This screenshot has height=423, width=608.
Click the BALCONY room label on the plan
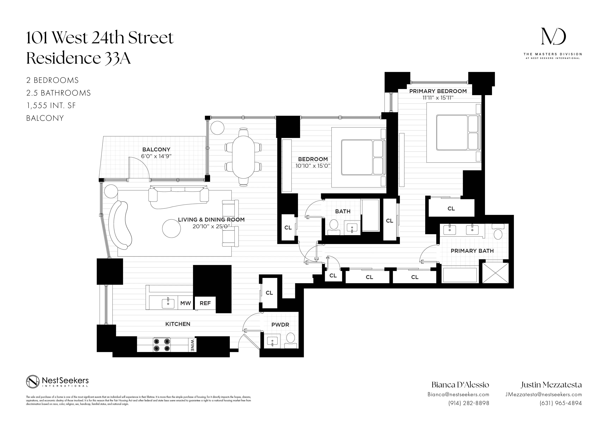(156, 150)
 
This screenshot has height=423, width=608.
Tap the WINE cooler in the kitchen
(192, 345)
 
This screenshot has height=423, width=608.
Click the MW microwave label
(185, 303)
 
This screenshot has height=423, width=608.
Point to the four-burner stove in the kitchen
(162, 345)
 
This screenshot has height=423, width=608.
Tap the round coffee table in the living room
(171, 229)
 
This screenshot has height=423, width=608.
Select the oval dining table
(243, 157)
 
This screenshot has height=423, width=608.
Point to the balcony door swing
(139, 167)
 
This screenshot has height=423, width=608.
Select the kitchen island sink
(168, 303)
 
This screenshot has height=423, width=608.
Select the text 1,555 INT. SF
(51, 106)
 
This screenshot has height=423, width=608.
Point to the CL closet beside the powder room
(269, 293)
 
